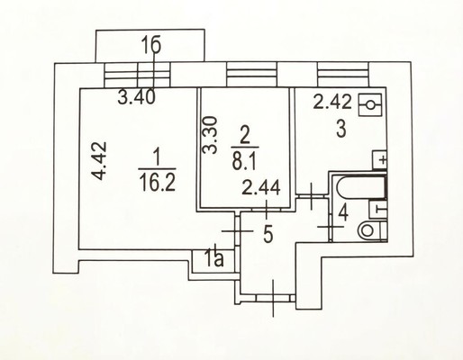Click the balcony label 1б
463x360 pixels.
(x=151, y=46)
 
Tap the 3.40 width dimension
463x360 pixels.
(x=136, y=97)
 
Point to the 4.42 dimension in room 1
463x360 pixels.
(x=99, y=160)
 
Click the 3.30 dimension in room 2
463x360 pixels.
(x=209, y=135)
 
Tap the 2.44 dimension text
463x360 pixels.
(x=261, y=188)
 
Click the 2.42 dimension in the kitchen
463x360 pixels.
(x=332, y=102)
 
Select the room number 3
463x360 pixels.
(x=341, y=130)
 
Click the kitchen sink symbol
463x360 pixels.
(x=370, y=105)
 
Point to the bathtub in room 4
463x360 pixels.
(x=361, y=188)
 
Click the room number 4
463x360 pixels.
(x=343, y=213)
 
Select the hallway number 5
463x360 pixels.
(x=268, y=234)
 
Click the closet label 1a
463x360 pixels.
(x=215, y=258)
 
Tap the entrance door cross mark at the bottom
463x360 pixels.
(x=273, y=298)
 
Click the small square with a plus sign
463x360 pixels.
(x=379, y=159)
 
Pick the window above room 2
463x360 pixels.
(x=251, y=75)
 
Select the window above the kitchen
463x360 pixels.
(x=343, y=75)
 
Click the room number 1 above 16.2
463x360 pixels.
(x=157, y=157)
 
